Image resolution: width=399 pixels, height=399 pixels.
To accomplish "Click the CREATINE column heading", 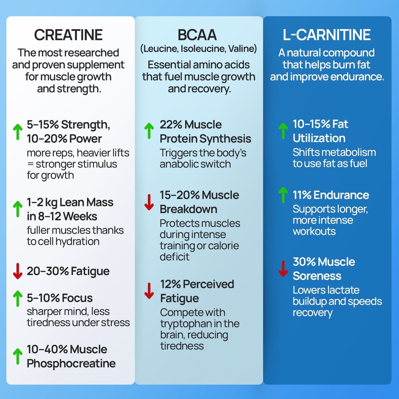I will click(x=68, y=35).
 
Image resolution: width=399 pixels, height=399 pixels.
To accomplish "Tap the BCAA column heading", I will click(x=197, y=35).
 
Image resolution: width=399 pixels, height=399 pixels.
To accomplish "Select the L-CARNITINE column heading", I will click(x=327, y=35).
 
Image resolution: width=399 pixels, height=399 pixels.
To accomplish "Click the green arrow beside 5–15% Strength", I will click(x=18, y=132).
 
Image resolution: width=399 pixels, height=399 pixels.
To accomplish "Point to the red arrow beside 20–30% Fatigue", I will click(x=18, y=271).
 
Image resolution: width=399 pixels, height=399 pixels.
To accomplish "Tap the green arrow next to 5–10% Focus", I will click(x=18, y=298).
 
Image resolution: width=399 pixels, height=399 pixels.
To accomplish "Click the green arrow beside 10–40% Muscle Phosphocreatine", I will click(x=18, y=356).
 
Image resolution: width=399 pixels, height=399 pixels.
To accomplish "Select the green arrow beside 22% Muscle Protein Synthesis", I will click(x=149, y=131).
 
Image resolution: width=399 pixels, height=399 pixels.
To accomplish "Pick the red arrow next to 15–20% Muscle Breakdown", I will click(x=149, y=202).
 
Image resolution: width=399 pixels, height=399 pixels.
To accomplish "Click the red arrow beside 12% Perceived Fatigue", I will click(x=149, y=291).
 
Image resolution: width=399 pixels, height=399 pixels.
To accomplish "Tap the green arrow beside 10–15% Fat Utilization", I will click(x=283, y=131).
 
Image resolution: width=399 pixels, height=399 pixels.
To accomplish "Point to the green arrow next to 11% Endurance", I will click(x=283, y=195).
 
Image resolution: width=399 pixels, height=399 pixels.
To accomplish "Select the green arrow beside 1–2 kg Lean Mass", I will click(x=18, y=209).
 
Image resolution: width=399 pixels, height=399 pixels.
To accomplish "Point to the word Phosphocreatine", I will click(x=71, y=364).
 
